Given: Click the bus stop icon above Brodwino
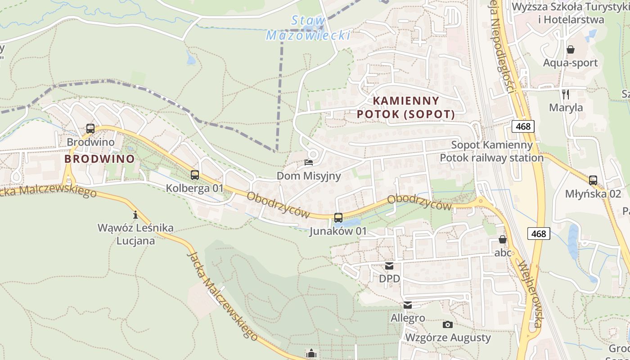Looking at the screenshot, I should click(x=90, y=129).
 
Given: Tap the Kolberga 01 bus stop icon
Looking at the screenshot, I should click(x=195, y=175).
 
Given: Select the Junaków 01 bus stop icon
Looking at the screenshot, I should click(x=338, y=218).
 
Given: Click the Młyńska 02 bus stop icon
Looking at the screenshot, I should click(x=593, y=180).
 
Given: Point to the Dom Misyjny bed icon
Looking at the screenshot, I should click(x=309, y=162).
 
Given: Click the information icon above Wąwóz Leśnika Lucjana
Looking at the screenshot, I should click(x=135, y=215).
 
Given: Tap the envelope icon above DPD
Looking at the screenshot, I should click(x=389, y=266).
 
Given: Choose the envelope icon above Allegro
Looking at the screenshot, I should click(x=408, y=305).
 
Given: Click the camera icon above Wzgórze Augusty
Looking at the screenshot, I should click(x=448, y=324).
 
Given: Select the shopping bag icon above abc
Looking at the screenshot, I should click(x=503, y=239).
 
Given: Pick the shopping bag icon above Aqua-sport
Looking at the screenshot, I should click(x=571, y=49).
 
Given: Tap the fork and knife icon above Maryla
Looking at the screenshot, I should click(x=566, y=94).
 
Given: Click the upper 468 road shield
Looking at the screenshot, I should click(x=523, y=126).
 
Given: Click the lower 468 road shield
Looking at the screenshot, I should click(x=539, y=234).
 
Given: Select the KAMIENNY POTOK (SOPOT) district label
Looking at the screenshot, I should click(x=406, y=108).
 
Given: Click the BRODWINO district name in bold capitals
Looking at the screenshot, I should click(x=99, y=159).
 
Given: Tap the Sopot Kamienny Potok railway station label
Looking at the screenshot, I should click(x=492, y=152).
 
